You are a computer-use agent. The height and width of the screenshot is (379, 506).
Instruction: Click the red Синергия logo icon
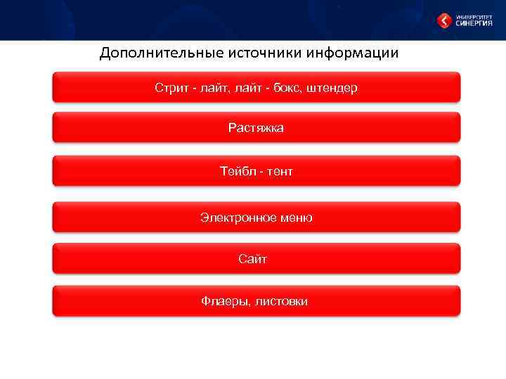[444, 21]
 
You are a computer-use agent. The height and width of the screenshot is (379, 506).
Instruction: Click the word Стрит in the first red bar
[171, 88]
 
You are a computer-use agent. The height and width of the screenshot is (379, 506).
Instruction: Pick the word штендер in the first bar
[332, 88]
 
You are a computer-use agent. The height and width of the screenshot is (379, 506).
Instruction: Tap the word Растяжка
[256, 128]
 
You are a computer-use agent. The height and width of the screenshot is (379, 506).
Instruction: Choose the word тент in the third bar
[279, 171]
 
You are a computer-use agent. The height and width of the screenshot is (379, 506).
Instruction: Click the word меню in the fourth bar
[297, 218]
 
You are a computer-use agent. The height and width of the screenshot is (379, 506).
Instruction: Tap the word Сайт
[253, 260]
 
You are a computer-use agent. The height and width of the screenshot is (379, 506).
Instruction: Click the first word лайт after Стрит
[210, 88]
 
